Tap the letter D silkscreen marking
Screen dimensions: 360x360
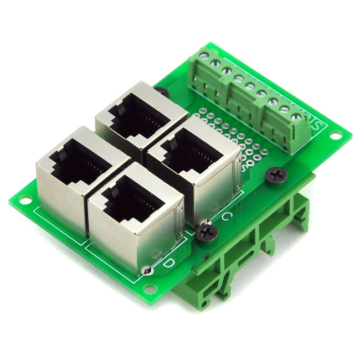(x=169, y=261)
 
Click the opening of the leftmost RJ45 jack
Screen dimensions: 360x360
(x=75, y=163)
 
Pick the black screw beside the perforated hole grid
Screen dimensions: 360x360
(x=275, y=175)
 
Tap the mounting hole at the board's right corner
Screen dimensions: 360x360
(x=336, y=135)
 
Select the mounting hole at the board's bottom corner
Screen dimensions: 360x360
(x=150, y=288)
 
